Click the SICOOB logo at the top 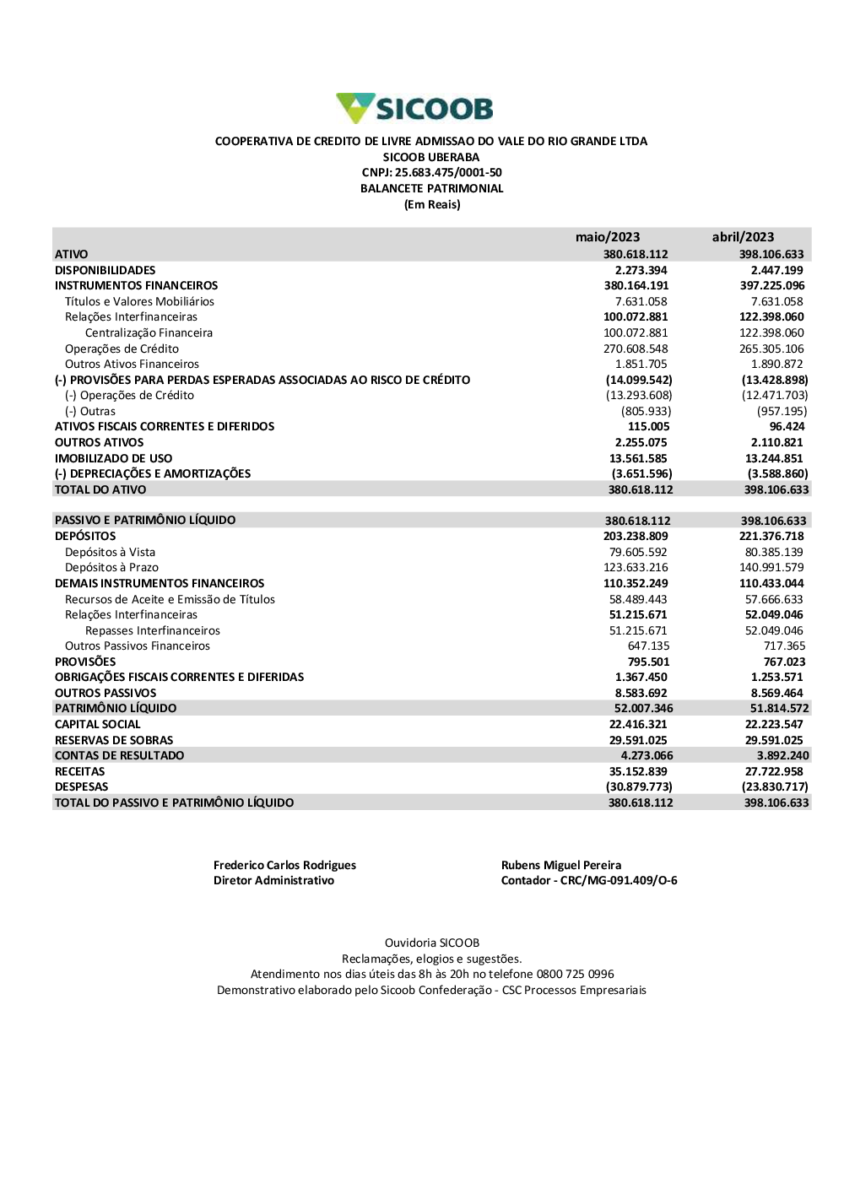415,108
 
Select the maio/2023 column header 608,237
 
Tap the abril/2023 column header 743,237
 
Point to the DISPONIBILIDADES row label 105,270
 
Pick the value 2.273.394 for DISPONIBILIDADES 641,270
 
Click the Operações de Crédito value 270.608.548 636,348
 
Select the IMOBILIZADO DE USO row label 114,458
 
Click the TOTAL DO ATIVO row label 100,489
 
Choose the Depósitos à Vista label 111,552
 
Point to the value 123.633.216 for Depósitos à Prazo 636,568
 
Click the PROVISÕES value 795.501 648,662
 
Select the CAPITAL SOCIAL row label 98,724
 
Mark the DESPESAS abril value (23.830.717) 775,786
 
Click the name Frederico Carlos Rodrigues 284,865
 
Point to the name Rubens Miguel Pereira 561,865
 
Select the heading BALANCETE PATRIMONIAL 432,189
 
